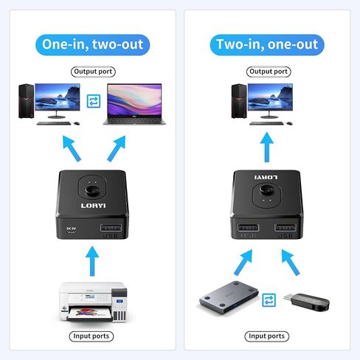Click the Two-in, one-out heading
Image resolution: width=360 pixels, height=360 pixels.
[267, 44]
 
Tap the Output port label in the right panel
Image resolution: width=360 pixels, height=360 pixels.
[268, 72]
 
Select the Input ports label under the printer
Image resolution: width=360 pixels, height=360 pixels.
[91, 336]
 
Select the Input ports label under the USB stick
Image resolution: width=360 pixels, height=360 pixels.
[266, 336]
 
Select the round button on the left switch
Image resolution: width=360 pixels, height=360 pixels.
[91, 184]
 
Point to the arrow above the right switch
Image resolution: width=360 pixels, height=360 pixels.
[267, 146]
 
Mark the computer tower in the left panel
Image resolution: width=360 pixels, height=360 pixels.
[28, 100]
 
